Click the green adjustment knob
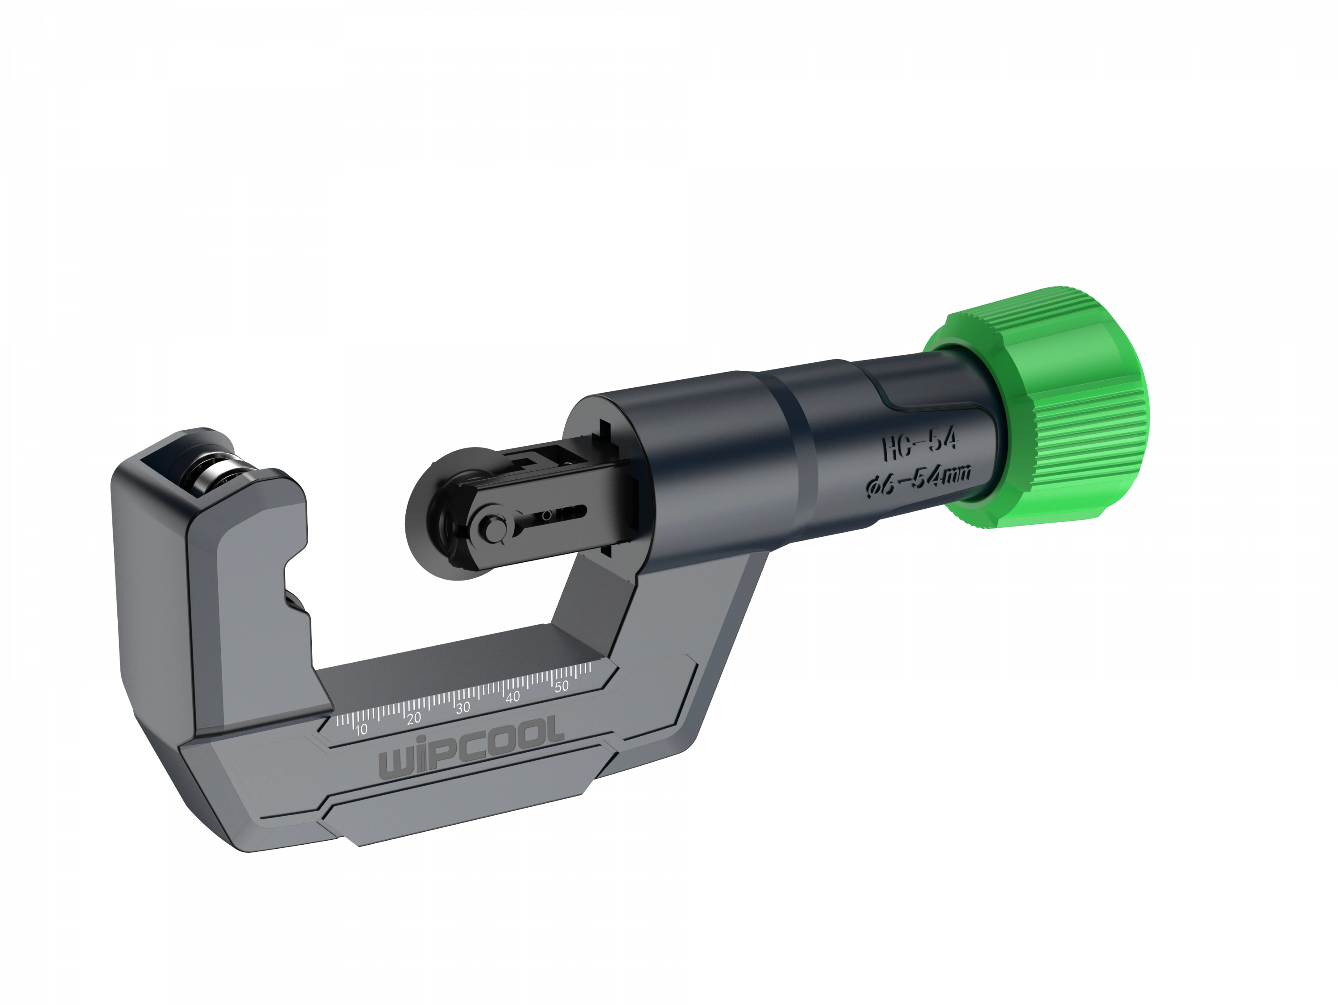point(1053,411)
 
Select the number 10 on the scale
point(362,730)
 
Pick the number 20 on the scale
point(414,719)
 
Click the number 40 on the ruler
point(513,697)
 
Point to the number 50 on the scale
point(562,686)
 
